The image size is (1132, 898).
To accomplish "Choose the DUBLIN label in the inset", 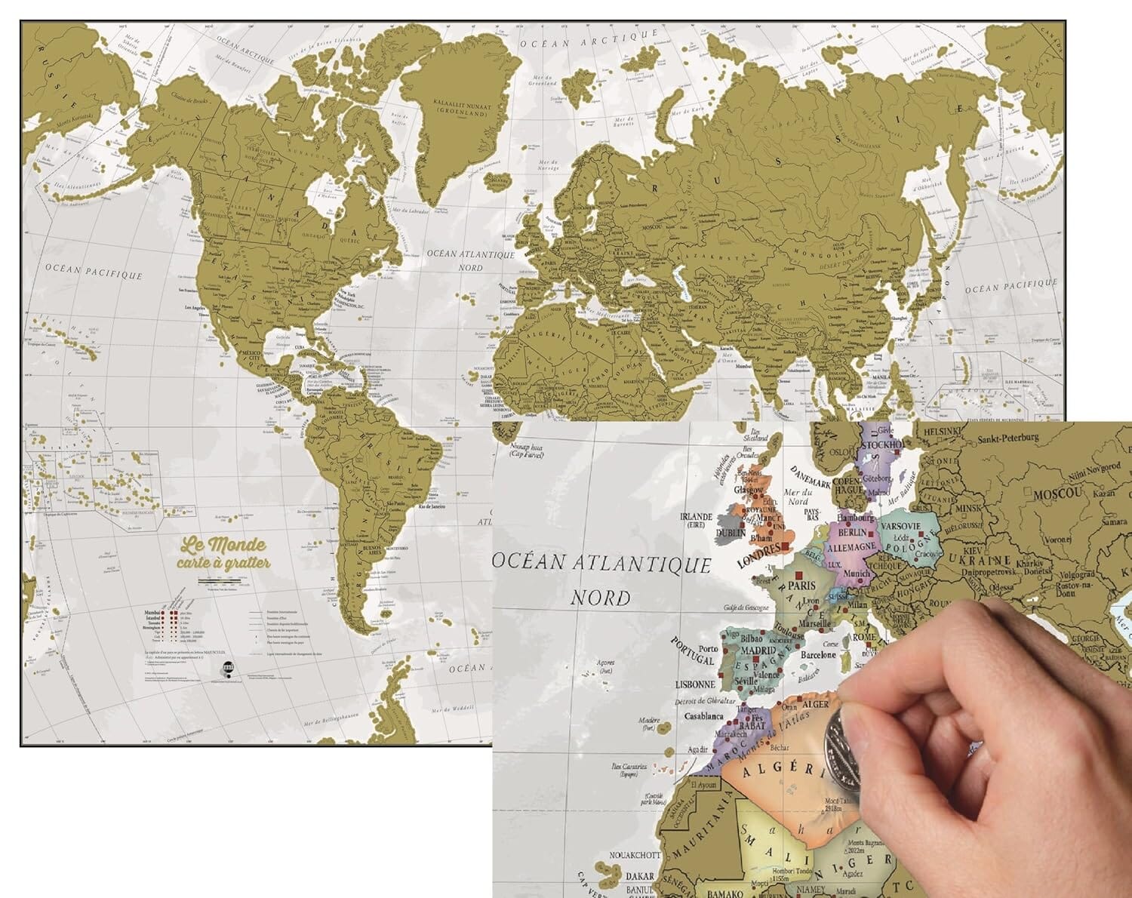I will [731, 532].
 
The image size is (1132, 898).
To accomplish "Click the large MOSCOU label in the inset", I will [1058, 494].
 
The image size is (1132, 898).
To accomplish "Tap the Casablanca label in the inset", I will [703, 716].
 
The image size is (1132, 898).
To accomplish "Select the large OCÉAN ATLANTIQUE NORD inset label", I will [601, 580].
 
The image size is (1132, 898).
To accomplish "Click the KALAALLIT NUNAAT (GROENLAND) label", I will [462, 112].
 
